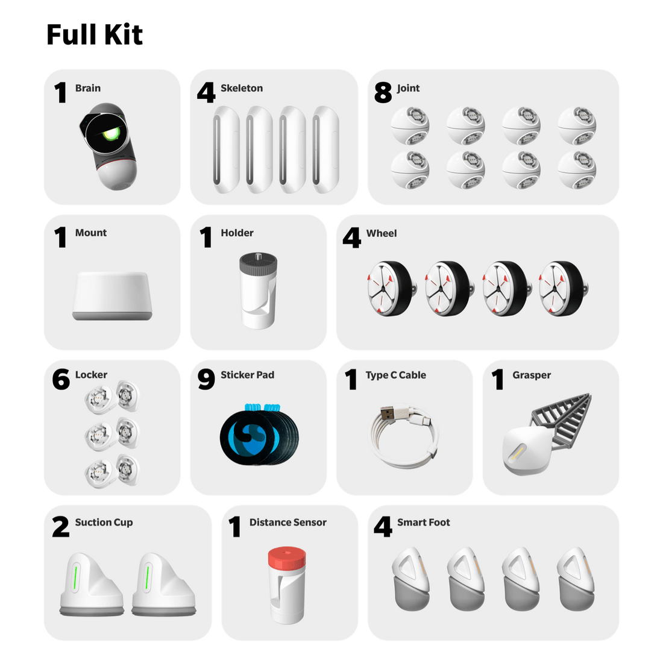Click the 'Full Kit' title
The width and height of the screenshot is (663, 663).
[95, 35]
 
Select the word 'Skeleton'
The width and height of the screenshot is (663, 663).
[241, 88]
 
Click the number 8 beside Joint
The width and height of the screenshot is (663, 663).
[383, 93]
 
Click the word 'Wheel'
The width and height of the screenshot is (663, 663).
[382, 233]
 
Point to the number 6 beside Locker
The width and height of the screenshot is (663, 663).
[61, 380]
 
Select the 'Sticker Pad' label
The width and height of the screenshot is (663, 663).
[247, 375]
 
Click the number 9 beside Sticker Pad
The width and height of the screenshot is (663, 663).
[206, 380]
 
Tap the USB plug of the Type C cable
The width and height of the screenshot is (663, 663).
[389, 413]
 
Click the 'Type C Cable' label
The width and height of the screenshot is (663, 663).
[395, 375]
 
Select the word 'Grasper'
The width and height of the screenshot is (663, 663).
[532, 375]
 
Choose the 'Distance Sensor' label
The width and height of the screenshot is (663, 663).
[288, 523]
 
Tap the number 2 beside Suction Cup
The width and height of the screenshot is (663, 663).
[61, 527]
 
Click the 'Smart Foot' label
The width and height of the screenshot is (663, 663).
[423, 523]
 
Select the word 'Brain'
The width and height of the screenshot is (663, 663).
[88, 88]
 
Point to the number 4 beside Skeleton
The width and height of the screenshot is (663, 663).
[206, 93]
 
